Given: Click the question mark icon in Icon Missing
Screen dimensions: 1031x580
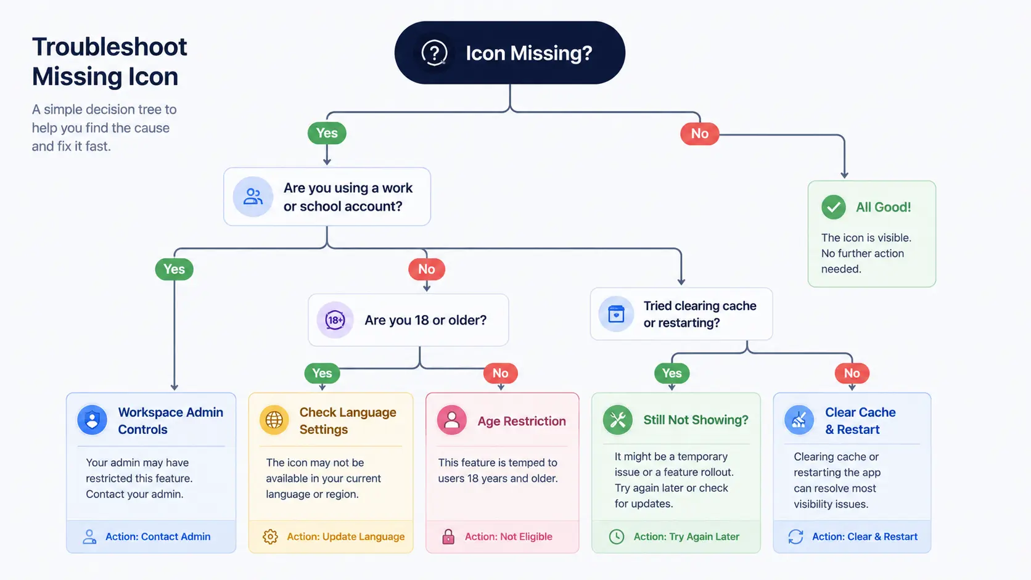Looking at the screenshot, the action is pos(434,52).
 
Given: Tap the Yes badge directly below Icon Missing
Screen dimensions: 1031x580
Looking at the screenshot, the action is pos(327,133).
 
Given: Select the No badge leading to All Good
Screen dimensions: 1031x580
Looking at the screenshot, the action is pos(700,133).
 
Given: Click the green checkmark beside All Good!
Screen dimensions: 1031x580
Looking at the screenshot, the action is pos(834,207).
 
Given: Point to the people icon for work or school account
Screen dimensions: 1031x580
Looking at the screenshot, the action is pos(253,197).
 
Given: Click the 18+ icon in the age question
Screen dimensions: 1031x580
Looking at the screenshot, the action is pos(335,320).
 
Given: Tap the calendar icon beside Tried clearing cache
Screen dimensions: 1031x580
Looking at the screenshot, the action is pos(616,314).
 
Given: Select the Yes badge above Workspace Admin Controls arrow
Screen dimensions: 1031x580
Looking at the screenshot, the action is pos(174,269).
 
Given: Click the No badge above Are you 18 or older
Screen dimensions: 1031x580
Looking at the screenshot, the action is pos(427,269).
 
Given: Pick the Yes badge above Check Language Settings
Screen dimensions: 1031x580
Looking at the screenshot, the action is pos(322,373).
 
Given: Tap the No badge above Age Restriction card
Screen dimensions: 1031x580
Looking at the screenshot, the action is pos(500,373).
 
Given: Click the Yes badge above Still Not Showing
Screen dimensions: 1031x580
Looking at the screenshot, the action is pos(672,373).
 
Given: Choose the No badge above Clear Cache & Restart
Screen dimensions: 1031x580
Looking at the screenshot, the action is pos(852,373).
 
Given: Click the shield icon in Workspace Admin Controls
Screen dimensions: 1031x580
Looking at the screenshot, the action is pos(92,420).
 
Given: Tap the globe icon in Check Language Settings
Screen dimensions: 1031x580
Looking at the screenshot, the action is pos(274,420).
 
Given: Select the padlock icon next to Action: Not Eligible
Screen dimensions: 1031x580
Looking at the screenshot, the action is pos(448,537).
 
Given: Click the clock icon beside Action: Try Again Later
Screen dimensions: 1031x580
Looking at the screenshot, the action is pos(617,537).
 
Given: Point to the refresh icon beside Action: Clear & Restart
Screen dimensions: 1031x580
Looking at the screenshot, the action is pos(796,537).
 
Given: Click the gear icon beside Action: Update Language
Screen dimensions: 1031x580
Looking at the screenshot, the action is pos(270,537).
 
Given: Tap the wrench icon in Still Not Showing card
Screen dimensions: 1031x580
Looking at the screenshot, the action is pos(618,420).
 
